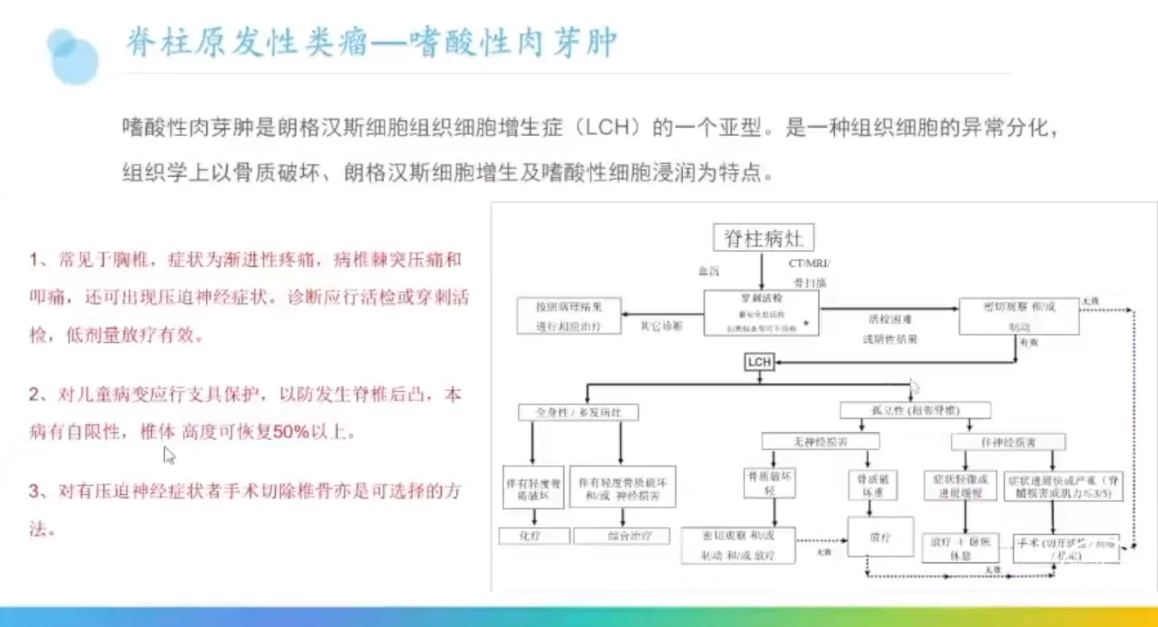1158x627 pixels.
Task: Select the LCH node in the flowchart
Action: [x=759, y=362]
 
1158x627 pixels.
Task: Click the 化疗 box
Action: [x=534, y=536]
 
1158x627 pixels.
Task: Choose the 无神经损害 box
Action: [x=820, y=441]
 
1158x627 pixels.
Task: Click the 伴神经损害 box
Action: [x=1009, y=441]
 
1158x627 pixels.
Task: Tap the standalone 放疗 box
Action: [x=880, y=537]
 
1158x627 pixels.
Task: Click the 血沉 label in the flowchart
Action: [x=709, y=271]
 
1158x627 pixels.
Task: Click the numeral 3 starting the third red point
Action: [x=35, y=491]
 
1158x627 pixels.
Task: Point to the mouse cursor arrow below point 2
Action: [x=169, y=455]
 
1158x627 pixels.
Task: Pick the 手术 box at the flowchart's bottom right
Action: [x=1066, y=549]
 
